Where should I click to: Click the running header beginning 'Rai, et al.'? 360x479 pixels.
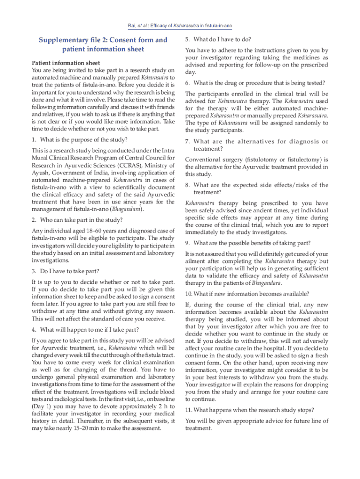point(180,25)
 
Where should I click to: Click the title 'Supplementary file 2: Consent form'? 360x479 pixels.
point(103,40)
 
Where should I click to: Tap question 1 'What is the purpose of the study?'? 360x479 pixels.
point(79,139)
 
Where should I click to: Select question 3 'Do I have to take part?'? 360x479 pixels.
point(65,271)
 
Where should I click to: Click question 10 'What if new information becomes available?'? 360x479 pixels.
point(247,294)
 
